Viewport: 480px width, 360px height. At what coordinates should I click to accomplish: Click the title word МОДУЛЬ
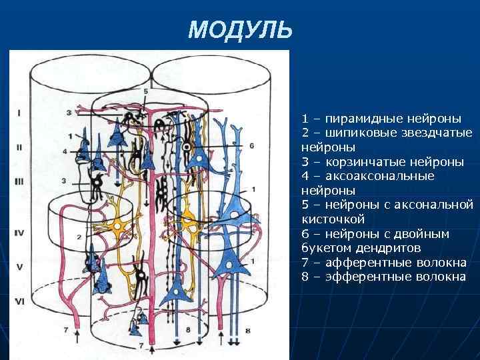coord(240,29)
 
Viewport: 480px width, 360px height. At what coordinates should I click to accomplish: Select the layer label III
coord(19,181)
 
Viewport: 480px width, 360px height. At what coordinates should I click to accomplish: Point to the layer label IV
coord(19,233)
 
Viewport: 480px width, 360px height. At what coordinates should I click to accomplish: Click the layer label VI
coord(19,301)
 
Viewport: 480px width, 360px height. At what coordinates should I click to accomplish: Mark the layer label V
coord(19,266)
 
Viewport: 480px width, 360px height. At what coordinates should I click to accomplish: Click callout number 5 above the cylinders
coord(145,91)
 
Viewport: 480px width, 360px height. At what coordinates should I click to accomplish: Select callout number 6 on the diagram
coord(251,145)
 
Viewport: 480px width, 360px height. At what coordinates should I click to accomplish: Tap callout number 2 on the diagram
coord(78,237)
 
